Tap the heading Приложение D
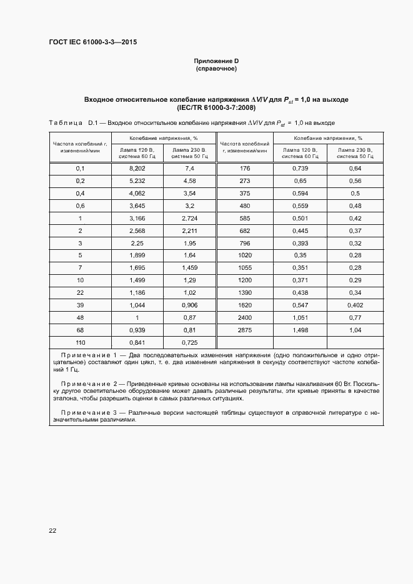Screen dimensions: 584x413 point(216,61)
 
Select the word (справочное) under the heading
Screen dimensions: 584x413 point(216,69)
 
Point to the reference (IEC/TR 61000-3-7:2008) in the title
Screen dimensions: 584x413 point(216,108)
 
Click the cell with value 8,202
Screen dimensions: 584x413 point(137,169)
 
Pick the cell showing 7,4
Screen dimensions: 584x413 point(190,169)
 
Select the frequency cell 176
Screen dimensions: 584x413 point(244,169)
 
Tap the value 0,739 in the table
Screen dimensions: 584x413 point(301,169)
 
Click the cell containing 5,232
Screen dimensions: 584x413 point(137,181)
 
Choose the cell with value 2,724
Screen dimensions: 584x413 point(190,218)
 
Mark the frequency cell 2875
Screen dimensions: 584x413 point(244,330)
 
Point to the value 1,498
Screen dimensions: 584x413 point(301,330)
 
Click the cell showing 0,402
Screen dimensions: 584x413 point(355,305)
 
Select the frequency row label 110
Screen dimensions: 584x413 point(80,342)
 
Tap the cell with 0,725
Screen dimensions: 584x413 point(190,342)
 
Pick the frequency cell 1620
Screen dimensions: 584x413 point(244,305)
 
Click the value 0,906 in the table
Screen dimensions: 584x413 point(190,305)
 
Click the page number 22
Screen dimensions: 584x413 point(52,530)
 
